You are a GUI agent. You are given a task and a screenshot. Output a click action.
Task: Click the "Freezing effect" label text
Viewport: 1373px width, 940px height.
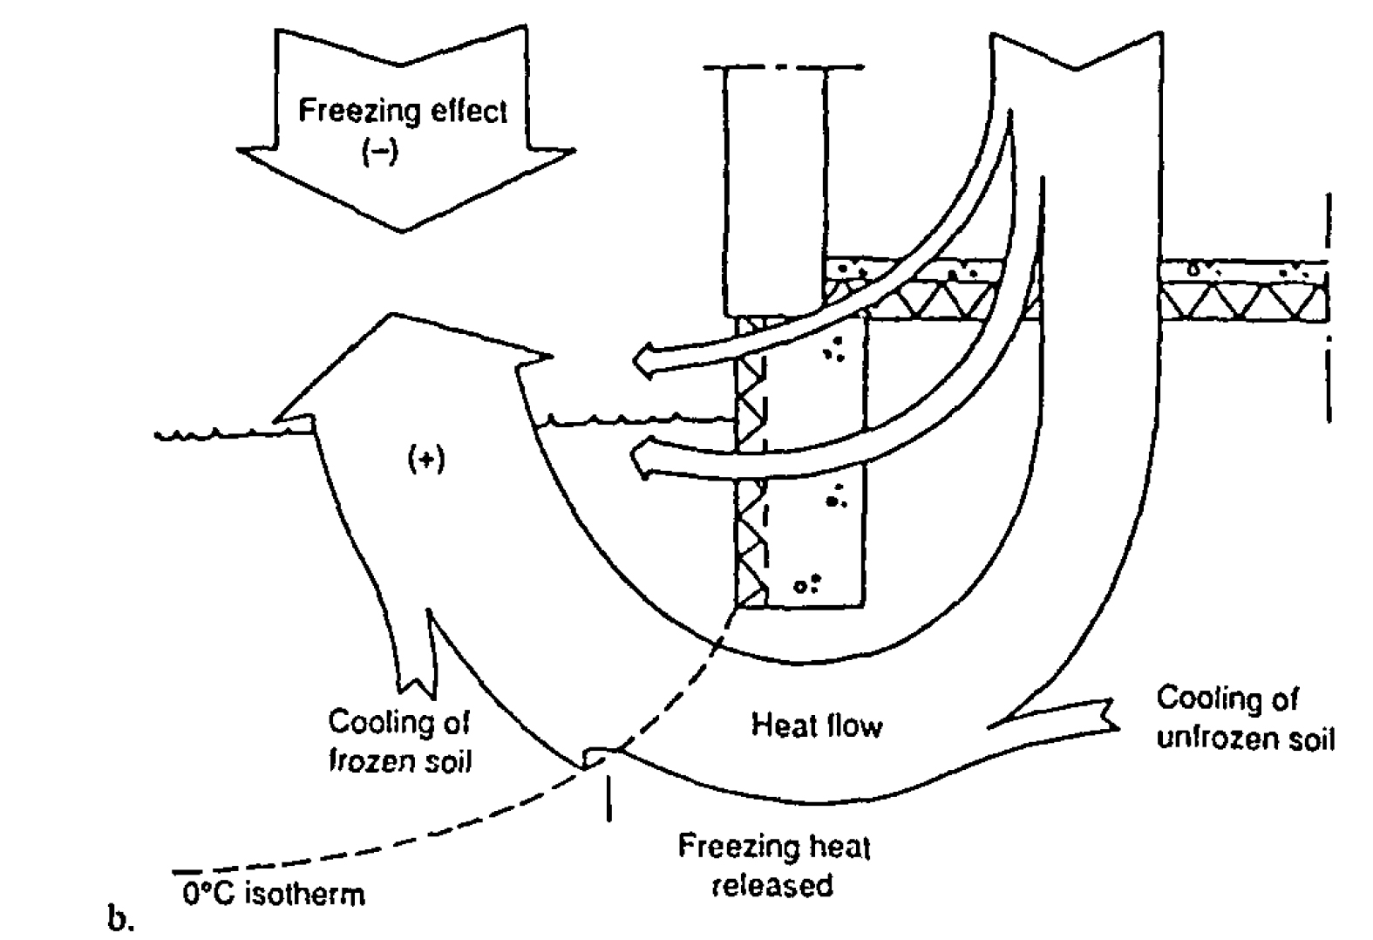(x=402, y=112)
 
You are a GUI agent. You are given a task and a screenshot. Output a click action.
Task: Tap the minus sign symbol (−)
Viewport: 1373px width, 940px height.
(x=380, y=153)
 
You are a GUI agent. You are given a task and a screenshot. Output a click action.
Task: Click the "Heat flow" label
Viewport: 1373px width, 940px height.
(x=817, y=725)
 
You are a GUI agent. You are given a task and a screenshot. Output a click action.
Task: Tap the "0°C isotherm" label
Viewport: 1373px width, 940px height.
(x=274, y=895)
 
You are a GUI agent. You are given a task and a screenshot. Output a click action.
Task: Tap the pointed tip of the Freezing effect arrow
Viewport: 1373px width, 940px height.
(x=403, y=228)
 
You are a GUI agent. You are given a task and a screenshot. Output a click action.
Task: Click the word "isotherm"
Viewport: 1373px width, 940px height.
(x=304, y=895)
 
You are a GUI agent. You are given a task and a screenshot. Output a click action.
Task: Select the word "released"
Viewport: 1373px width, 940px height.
(x=773, y=886)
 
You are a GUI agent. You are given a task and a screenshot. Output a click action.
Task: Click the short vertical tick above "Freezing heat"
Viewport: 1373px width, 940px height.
(x=608, y=798)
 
